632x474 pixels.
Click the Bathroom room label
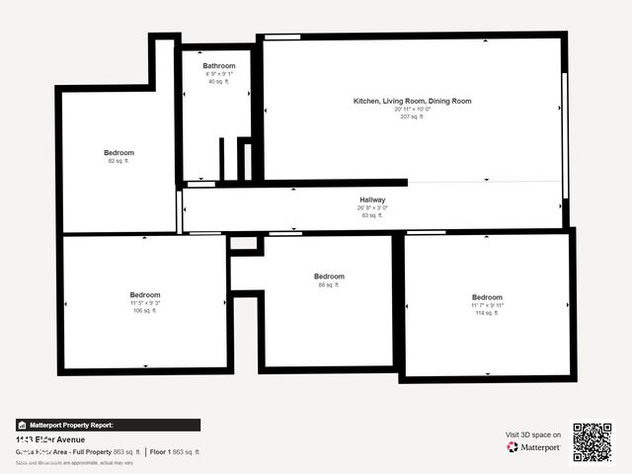219,66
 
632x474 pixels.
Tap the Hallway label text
372,199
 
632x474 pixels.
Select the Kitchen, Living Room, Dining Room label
413,101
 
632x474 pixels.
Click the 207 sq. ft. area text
413,117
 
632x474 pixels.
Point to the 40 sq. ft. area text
218,81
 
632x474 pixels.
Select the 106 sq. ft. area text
145,310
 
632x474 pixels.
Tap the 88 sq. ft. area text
329,284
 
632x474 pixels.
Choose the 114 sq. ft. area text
487,313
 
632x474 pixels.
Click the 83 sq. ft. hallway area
372,215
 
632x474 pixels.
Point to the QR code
592,441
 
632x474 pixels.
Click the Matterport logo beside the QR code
534,447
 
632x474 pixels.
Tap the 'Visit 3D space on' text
533,434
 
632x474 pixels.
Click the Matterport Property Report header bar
108,425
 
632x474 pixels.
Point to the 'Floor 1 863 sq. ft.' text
175,451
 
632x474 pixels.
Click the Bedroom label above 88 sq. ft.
329,276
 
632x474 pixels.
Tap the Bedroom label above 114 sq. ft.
487,297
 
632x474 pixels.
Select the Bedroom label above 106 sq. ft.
145,294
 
